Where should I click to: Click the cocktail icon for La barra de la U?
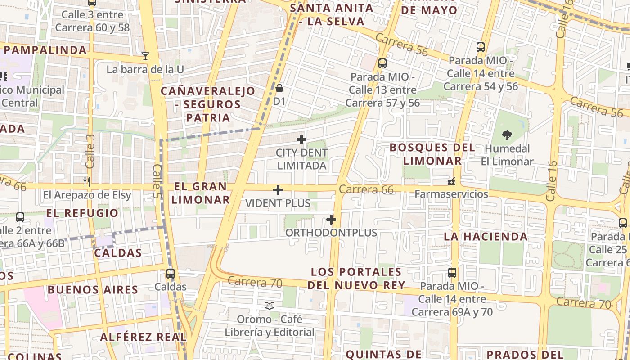click(145, 56)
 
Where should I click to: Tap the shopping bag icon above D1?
click(279, 88)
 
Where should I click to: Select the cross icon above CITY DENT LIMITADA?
click(301, 139)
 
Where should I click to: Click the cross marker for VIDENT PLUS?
click(278, 190)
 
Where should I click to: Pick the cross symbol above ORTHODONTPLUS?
click(331, 220)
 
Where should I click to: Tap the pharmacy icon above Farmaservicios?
click(451, 181)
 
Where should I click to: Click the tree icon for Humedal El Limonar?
click(507, 135)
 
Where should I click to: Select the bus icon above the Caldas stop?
click(170, 273)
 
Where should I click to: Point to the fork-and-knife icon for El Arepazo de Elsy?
click(87, 182)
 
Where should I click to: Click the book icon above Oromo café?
click(270, 306)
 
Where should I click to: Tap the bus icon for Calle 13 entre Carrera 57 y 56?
click(382, 63)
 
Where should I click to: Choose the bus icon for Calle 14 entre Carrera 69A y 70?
click(452, 273)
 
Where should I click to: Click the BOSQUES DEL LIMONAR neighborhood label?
click(432, 154)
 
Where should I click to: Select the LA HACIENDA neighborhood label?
click(486, 237)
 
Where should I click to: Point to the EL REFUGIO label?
click(82, 213)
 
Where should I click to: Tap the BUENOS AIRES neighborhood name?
click(93, 289)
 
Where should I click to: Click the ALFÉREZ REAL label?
click(143, 337)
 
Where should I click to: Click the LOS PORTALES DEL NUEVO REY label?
click(356, 279)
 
